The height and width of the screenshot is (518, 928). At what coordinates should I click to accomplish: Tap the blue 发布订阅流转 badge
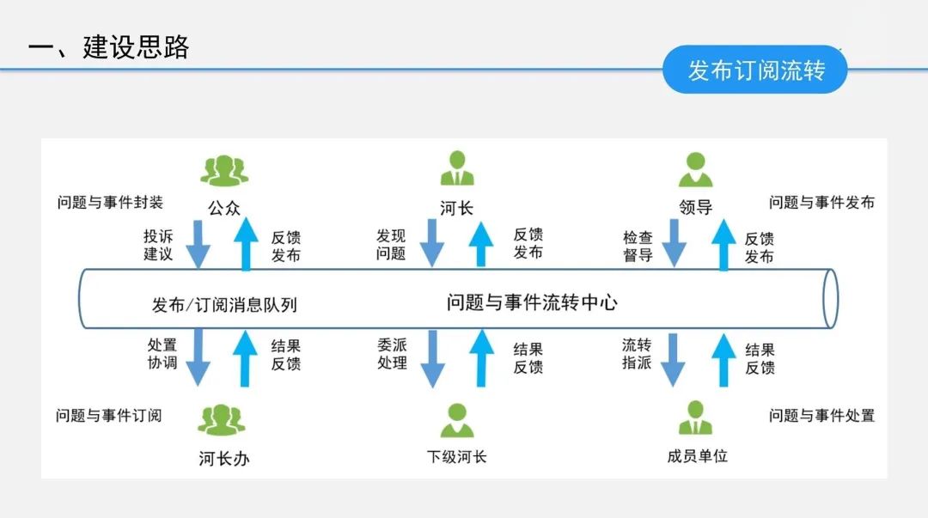[755, 70]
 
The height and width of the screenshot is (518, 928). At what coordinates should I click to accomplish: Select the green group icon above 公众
[223, 170]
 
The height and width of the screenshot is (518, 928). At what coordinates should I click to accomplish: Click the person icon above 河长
[457, 168]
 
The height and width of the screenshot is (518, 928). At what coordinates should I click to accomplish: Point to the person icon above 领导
[695, 169]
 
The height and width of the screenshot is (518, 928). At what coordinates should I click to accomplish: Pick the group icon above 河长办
[223, 420]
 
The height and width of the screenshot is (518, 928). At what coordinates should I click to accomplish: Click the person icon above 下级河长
[457, 420]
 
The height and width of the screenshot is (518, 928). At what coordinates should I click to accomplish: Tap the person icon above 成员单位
[695, 418]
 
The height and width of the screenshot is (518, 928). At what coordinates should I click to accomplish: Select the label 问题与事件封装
[110, 204]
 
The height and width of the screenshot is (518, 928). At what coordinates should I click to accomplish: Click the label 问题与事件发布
[821, 203]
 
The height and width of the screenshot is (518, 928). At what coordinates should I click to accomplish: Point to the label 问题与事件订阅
[108, 416]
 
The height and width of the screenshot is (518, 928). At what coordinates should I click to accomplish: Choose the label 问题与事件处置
[821, 416]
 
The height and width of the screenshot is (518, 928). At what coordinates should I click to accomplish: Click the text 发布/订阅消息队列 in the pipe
[224, 304]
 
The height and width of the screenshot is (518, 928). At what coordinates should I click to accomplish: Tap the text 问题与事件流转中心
[532, 302]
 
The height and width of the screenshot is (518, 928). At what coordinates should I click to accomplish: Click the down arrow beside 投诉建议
[198, 243]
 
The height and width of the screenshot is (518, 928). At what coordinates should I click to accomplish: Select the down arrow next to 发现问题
[432, 243]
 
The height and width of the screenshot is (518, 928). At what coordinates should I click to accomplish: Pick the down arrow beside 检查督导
[673, 243]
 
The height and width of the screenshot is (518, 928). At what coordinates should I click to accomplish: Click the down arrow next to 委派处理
[432, 359]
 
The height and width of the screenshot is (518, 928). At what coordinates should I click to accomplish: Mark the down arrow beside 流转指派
[673, 359]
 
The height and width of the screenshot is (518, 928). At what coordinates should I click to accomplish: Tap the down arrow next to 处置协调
[198, 359]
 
